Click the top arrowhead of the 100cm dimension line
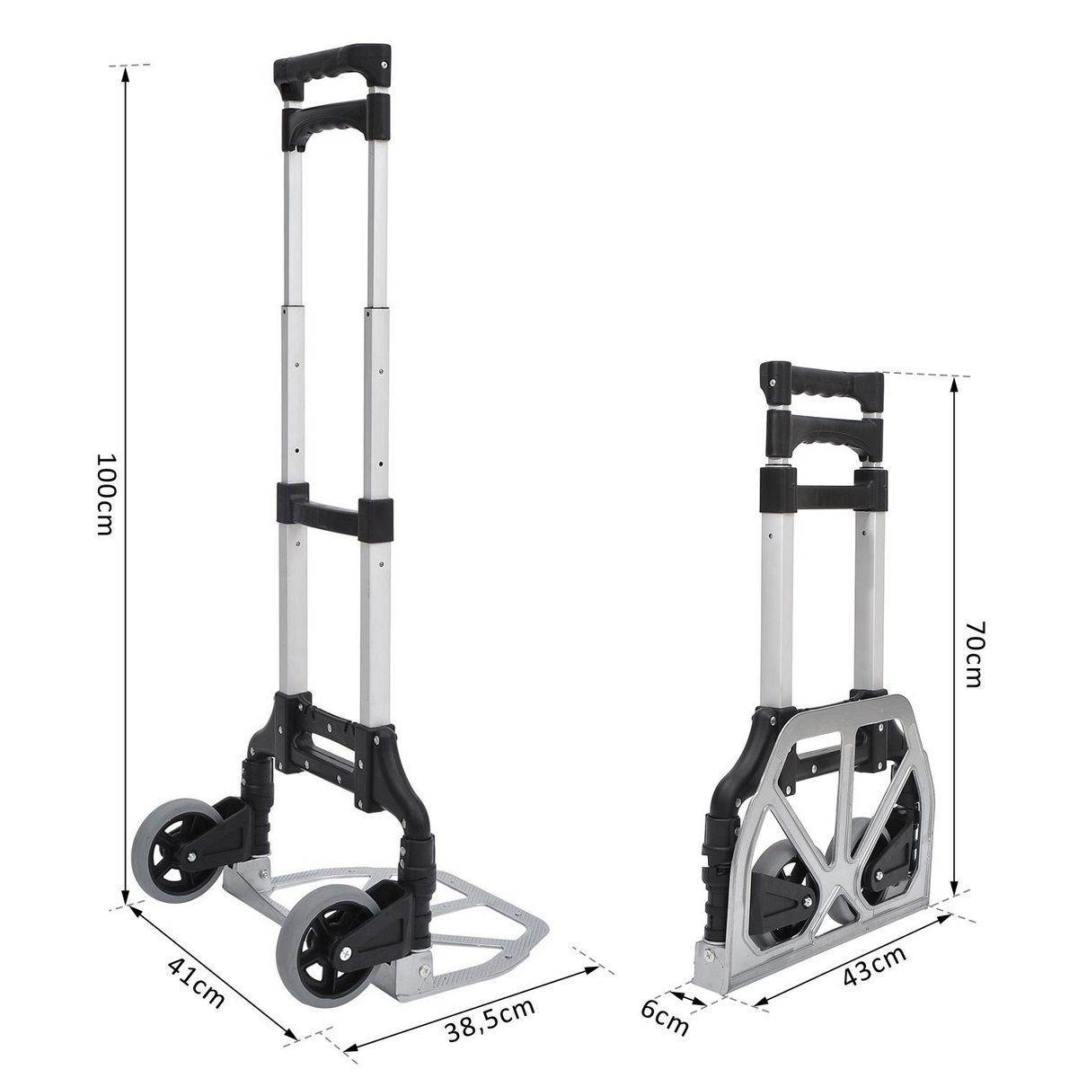[126, 73]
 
